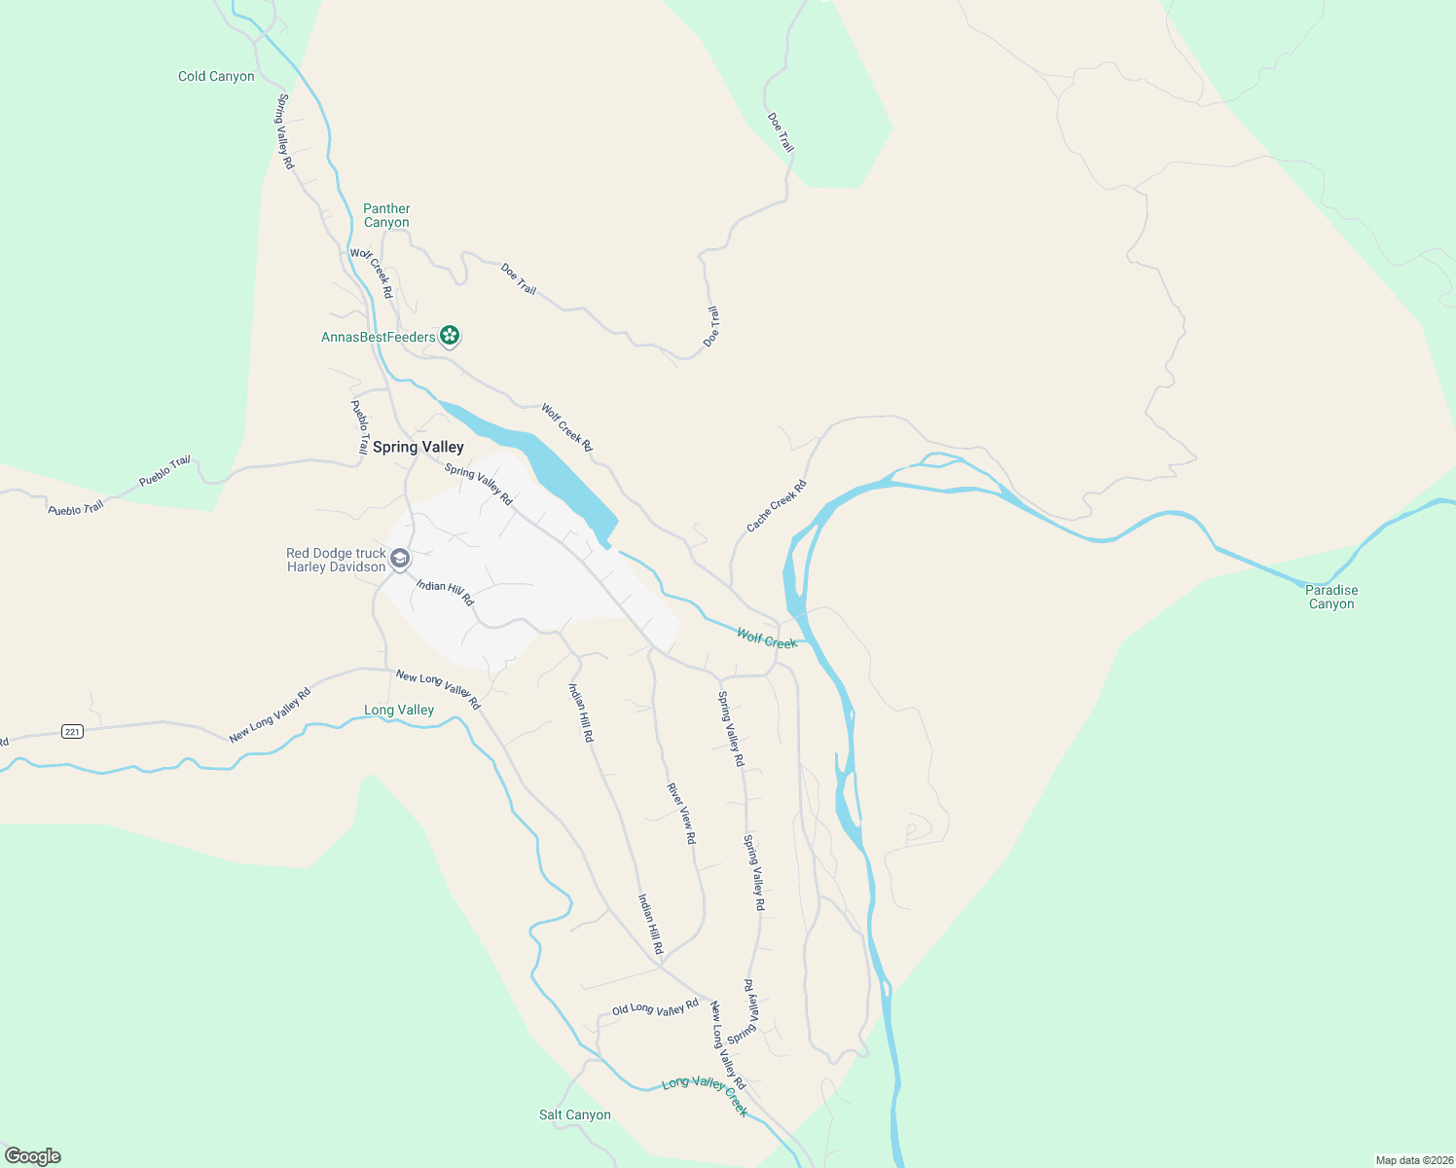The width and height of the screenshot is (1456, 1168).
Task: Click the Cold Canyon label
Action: pyautogui.click(x=216, y=76)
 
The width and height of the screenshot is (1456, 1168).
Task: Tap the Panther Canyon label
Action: pyautogui.click(x=386, y=215)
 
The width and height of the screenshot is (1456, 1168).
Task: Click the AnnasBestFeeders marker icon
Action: pyautogui.click(x=449, y=336)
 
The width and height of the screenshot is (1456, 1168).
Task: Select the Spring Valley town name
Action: pyautogui.click(x=419, y=447)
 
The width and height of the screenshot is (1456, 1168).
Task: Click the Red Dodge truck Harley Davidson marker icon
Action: pyautogui.click(x=400, y=559)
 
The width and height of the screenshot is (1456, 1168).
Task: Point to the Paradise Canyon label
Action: pyautogui.click(x=1331, y=597)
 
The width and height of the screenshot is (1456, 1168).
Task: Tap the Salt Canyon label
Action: pyautogui.click(x=575, y=1114)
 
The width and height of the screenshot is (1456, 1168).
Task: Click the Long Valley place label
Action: pyautogui.click(x=399, y=710)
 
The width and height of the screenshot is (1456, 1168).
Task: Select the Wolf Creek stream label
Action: pyautogui.click(x=767, y=639)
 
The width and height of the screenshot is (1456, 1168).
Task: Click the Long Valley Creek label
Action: pyautogui.click(x=706, y=1095)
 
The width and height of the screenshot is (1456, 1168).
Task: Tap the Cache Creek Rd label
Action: pyautogui.click(x=777, y=506)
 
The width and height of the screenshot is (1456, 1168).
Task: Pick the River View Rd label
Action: pyautogui.click(x=681, y=813)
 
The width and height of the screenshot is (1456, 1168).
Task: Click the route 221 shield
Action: pyautogui.click(x=72, y=731)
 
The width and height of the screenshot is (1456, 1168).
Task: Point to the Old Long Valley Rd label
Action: pyautogui.click(x=655, y=1007)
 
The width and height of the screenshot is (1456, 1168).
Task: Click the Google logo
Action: pyautogui.click(x=32, y=1156)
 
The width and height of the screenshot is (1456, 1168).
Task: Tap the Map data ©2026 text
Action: pyautogui.click(x=1412, y=1160)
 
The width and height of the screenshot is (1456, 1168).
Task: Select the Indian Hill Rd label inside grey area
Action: pyautogui.click(x=445, y=592)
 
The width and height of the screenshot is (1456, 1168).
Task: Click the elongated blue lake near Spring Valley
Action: pyautogui.click(x=545, y=467)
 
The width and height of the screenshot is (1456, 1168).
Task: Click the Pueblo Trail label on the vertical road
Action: pyautogui.click(x=359, y=427)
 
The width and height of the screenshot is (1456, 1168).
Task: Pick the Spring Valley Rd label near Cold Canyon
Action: pyautogui.click(x=284, y=131)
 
